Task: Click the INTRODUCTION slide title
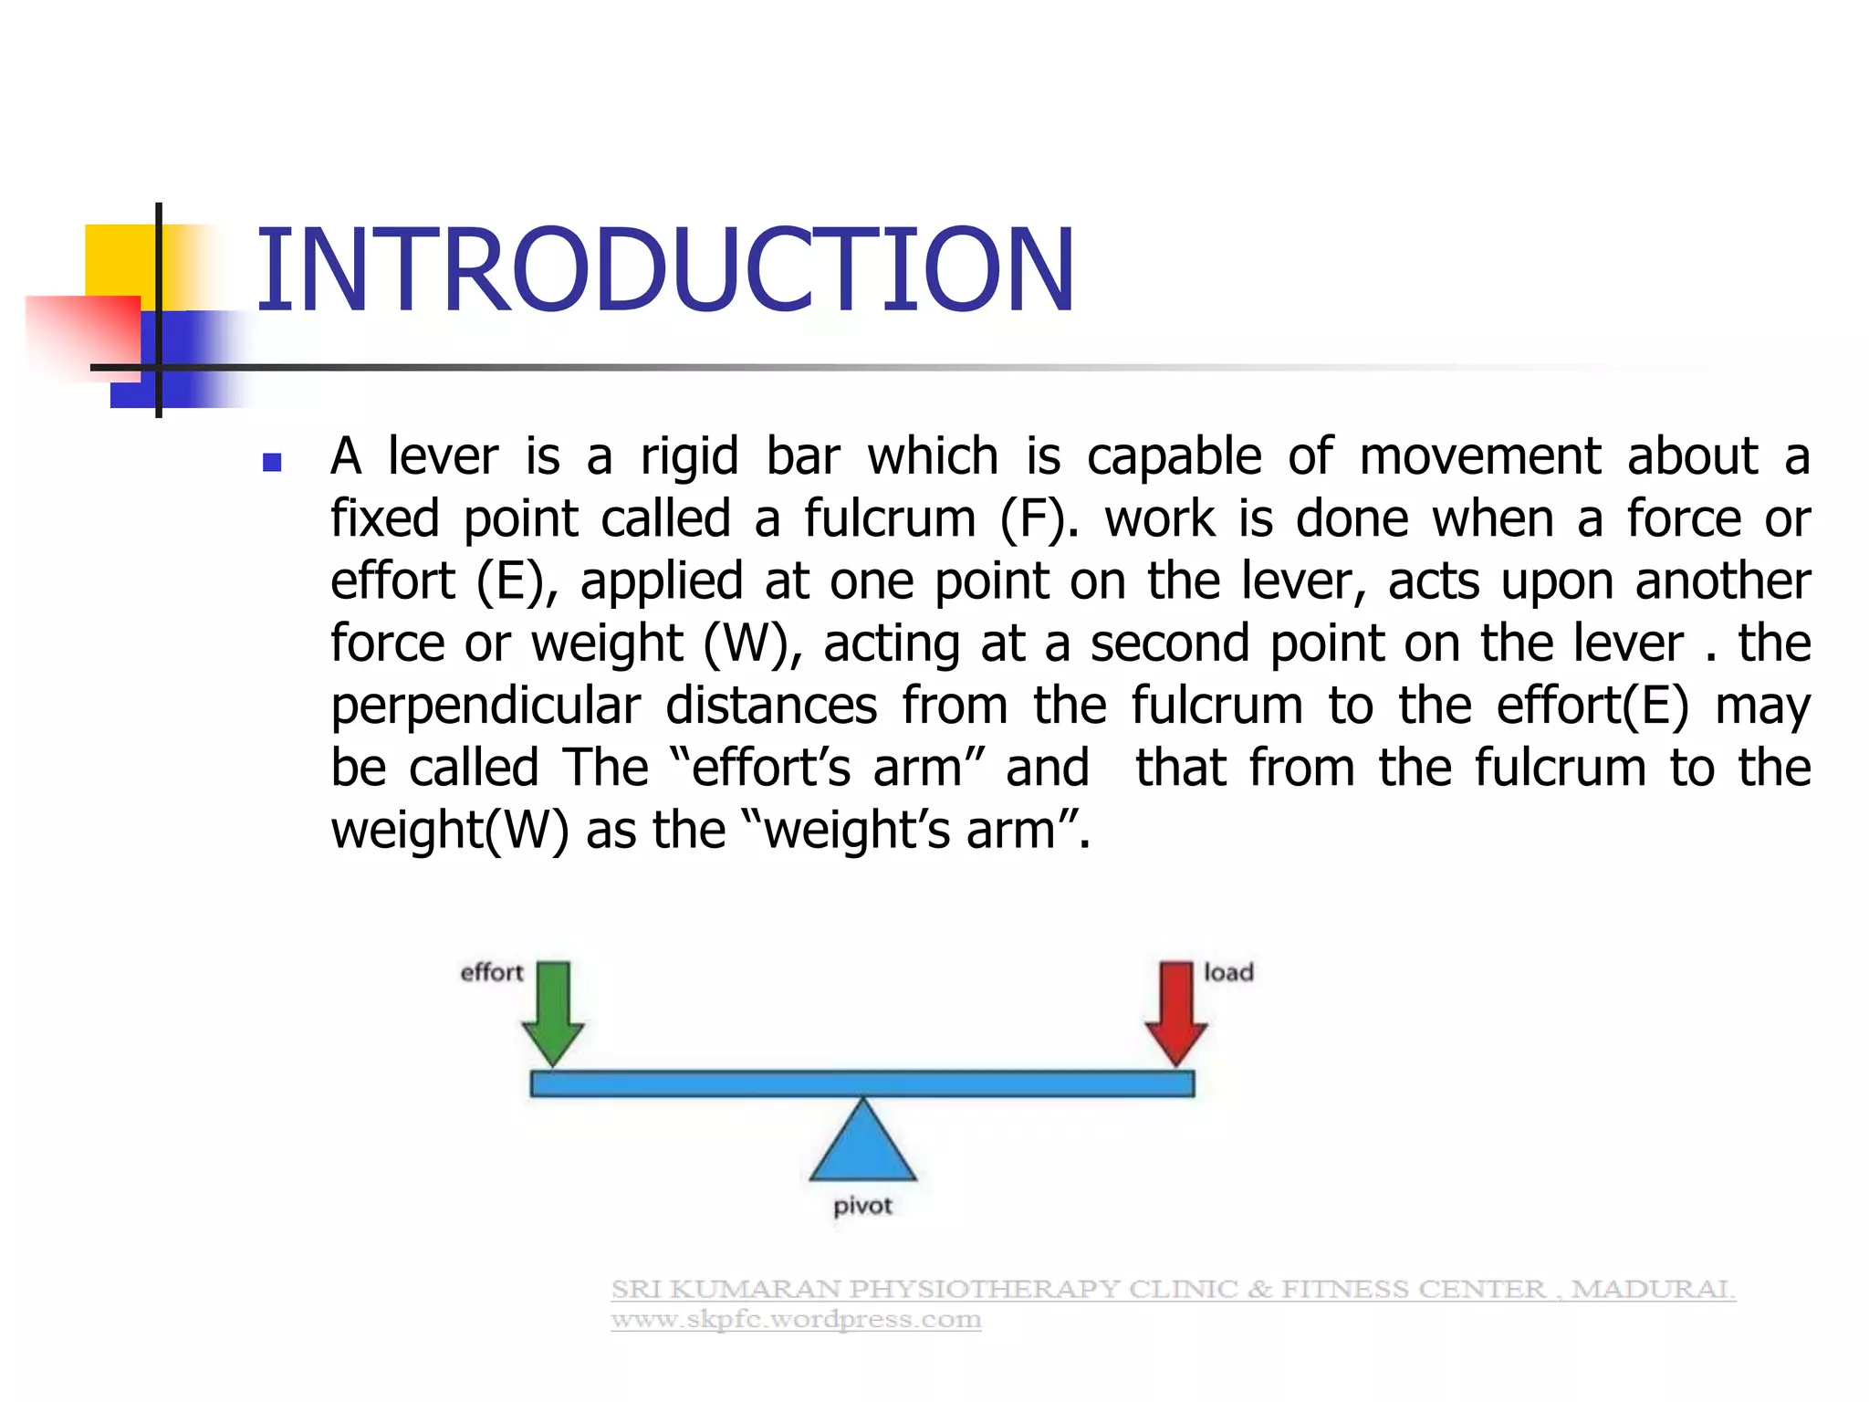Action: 665,271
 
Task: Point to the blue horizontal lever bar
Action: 862,1083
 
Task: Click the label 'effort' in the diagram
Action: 491,973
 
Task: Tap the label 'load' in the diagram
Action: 1228,973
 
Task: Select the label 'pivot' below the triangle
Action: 862,1207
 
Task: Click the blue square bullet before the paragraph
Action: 271,462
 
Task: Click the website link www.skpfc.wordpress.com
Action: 796,1320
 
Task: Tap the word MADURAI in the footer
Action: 1652,1289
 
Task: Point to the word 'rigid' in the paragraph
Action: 689,456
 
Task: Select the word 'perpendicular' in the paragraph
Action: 486,706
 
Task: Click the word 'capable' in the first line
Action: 1174,456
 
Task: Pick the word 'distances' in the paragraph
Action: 771,706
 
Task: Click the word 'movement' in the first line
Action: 1479,456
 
